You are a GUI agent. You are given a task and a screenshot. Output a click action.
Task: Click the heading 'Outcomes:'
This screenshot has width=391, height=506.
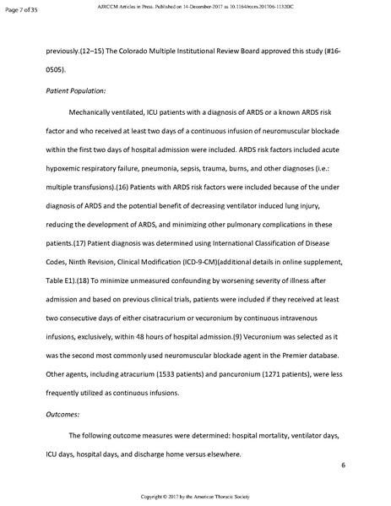point(61,414)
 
